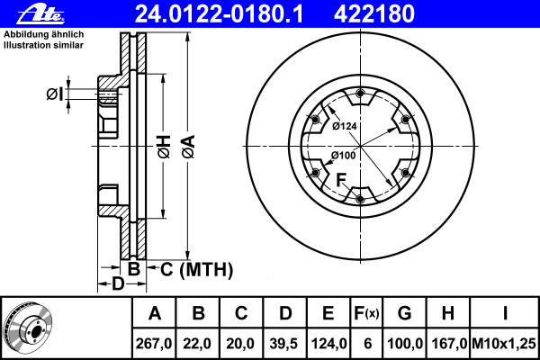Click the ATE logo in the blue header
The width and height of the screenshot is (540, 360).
(40, 14)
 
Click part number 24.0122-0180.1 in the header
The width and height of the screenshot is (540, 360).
(219, 14)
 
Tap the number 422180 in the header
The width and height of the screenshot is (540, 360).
(374, 14)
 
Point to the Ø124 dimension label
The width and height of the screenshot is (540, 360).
(345, 126)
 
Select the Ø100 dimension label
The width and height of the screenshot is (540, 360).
(344, 156)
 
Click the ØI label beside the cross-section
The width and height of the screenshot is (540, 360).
(55, 94)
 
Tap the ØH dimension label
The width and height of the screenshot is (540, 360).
(164, 147)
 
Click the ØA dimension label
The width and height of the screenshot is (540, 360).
(188, 147)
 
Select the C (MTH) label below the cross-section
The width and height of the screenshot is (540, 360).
(196, 269)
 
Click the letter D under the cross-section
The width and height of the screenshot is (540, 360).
(118, 284)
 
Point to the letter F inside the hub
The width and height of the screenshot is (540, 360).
(341, 180)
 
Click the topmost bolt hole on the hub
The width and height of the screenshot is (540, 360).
(360, 93)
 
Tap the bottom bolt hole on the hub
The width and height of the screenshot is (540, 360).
(360, 199)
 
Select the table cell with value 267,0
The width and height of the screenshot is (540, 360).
(154, 344)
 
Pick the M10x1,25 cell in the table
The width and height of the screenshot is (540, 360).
(504, 344)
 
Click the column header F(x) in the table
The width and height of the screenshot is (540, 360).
(366, 313)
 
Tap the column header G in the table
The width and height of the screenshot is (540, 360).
(404, 313)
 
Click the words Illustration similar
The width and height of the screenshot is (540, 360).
(43, 45)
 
